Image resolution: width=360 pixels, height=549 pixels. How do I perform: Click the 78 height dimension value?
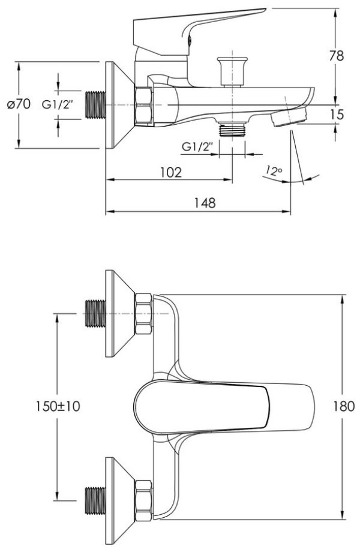click(x=337, y=56)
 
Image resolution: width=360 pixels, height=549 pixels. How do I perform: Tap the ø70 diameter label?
click(x=19, y=104)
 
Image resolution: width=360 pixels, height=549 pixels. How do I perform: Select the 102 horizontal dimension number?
click(x=171, y=172)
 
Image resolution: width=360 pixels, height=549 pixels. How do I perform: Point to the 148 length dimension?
click(x=205, y=203)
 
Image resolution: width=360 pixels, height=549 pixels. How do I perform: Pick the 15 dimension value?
click(x=337, y=115)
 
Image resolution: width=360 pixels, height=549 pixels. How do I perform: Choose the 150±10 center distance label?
click(x=58, y=406)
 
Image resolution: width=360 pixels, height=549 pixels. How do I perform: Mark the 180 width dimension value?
click(x=344, y=406)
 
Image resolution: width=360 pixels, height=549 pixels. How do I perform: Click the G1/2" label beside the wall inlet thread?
click(x=58, y=104)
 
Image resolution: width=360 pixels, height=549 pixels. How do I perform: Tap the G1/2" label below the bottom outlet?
click(x=197, y=147)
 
